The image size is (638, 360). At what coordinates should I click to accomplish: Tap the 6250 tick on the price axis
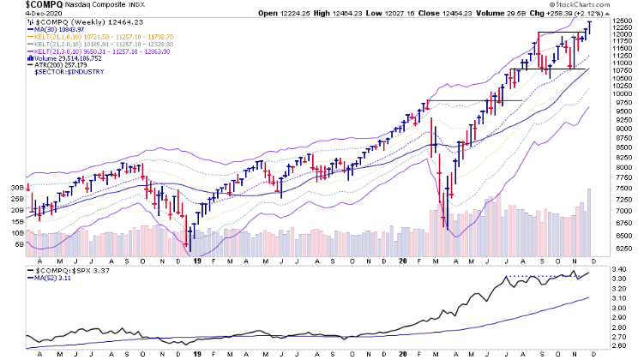(x=622, y=249)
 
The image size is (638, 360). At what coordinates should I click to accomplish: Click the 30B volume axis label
(x=16, y=187)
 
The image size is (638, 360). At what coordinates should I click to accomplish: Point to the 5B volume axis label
(x=18, y=244)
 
